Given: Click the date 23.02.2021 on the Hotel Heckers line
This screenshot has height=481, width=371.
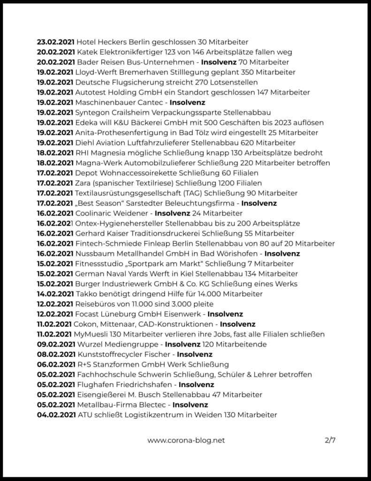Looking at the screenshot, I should click(55, 42).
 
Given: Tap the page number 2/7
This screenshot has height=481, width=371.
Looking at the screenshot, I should click(330, 440).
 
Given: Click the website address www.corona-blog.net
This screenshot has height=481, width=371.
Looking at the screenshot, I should click(186, 440).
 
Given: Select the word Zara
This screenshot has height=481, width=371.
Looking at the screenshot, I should click(83, 183).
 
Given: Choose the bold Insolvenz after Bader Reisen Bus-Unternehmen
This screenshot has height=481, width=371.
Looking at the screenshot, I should click(220, 62).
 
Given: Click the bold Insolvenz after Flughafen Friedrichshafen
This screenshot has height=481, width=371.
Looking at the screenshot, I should click(197, 385).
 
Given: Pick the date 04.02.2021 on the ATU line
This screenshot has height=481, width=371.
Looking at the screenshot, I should click(55, 415).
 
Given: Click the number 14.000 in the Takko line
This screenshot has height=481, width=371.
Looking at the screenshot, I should click(209, 294).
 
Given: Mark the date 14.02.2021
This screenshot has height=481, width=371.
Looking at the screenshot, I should click(55, 294).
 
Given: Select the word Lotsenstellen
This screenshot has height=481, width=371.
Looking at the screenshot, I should click(234, 82).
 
